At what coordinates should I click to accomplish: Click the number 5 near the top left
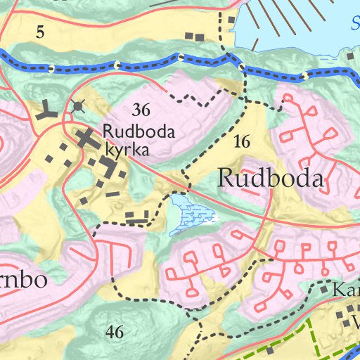pyautogui.click(x=39, y=31)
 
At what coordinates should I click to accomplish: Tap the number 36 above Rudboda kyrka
pyautogui.click(x=141, y=110)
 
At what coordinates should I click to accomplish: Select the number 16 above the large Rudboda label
pyautogui.click(x=241, y=141)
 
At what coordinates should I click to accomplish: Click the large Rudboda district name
pyautogui.click(x=271, y=179)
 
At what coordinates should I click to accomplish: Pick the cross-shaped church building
pyautogui.click(x=88, y=138)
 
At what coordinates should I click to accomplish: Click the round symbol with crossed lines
pyautogui.click(x=77, y=106)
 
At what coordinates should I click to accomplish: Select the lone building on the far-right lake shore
pyautogui.click(x=349, y=56)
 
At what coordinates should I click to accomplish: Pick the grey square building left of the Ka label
pyautogui.click(x=324, y=289)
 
